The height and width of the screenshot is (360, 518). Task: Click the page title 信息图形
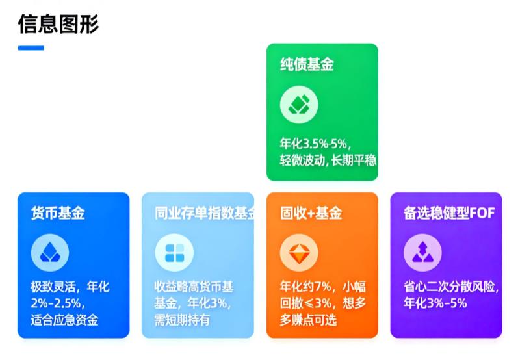[x=58, y=24]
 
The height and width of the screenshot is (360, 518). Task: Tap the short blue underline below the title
[x=31, y=47]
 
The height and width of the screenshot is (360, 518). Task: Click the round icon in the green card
[x=299, y=105]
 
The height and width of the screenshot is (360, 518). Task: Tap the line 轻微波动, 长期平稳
[x=328, y=161]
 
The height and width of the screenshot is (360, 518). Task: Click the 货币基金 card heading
[x=58, y=213]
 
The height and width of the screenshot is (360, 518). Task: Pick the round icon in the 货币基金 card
[x=50, y=253]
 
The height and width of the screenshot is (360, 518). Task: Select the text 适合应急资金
[x=64, y=320]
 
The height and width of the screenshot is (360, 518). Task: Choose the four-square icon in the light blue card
[x=174, y=253]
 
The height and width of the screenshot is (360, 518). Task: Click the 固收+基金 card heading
[x=311, y=213]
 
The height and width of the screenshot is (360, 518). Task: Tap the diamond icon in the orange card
[x=299, y=253]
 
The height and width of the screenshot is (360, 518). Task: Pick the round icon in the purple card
[x=422, y=253]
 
